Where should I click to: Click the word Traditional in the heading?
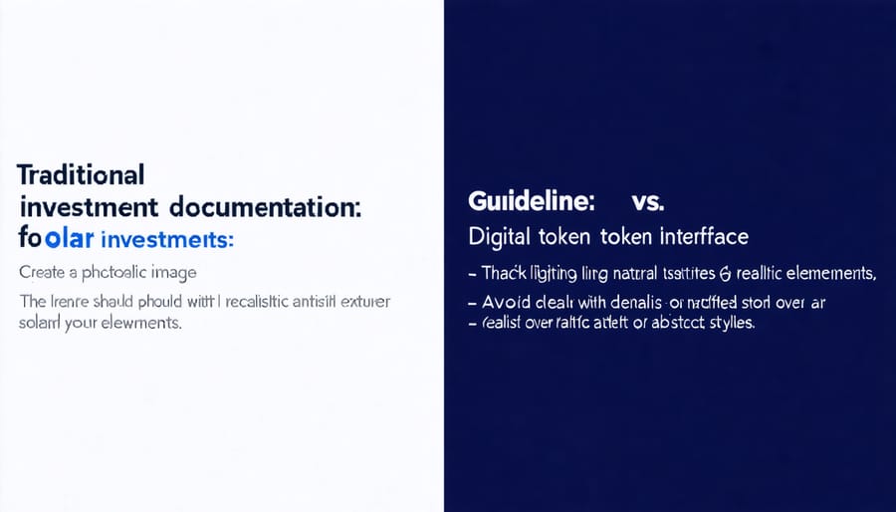click(x=81, y=174)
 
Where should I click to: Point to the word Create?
click(x=44, y=272)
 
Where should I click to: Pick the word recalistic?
click(x=260, y=305)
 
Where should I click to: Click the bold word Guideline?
click(x=531, y=201)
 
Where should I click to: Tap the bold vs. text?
click(x=647, y=201)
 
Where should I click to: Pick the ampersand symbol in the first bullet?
click(x=723, y=274)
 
